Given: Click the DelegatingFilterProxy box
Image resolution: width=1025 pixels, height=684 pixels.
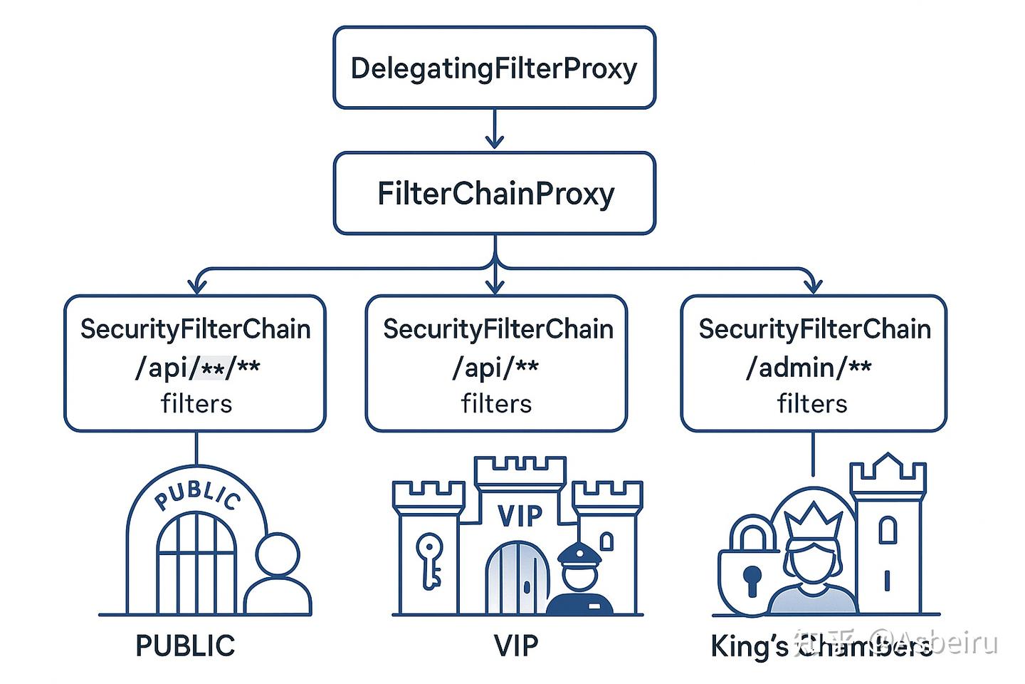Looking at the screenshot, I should pyautogui.click(x=494, y=68).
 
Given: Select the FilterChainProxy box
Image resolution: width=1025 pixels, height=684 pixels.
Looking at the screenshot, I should pyautogui.click(x=494, y=193).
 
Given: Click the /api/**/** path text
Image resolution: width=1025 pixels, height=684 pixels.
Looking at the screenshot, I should pyautogui.click(x=197, y=368).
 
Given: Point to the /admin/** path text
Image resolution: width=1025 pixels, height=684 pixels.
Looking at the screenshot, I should pyautogui.click(x=809, y=368).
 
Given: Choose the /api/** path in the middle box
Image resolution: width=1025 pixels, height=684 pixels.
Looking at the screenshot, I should pyautogui.click(x=495, y=368).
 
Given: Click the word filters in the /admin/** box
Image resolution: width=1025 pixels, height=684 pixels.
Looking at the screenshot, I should pyautogui.click(x=812, y=404).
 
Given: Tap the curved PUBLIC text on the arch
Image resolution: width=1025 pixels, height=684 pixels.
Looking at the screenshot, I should pyautogui.click(x=197, y=493).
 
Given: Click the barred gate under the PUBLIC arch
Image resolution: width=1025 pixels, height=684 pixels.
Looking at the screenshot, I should pyautogui.click(x=196, y=563).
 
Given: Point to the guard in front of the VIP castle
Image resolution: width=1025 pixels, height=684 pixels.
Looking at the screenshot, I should pyautogui.click(x=580, y=581).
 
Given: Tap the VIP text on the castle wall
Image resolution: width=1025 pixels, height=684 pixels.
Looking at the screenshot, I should pyautogui.click(x=520, y=516).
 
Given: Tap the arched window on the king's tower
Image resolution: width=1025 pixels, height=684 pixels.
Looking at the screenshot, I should pyautogui.click(x=887, y=529).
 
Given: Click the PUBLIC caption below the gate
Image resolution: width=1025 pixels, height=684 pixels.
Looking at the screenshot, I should pyautogui.click(x=185, y=646).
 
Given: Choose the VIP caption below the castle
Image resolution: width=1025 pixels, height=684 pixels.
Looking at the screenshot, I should pyautogui.click(x=516, y=646).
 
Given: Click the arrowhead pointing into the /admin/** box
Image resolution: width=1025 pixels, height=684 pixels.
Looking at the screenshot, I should pyautogui.click(x=812, y=286).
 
